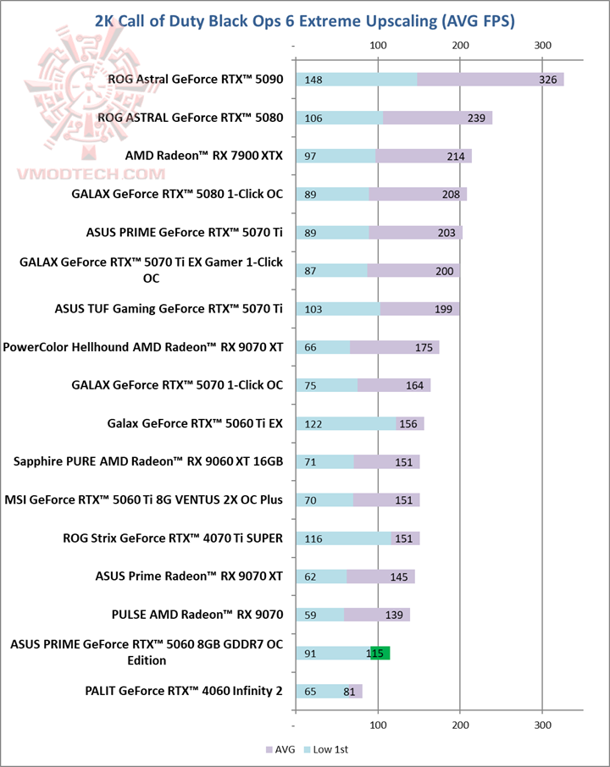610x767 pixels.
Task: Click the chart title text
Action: (x=305, y=19)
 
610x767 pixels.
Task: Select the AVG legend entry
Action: (x=281, y=749)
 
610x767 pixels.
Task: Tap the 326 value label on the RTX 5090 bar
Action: (x=547, y=80)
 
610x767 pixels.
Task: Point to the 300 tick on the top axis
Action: (x=543, y=45)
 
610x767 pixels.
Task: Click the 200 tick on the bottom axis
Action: (x=461, y=725)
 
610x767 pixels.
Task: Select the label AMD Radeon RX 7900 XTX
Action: (x=203, y=156)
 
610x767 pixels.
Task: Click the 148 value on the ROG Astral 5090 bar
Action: (x=313, y=80)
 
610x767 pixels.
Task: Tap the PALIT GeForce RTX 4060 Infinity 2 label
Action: (x=184, y=691)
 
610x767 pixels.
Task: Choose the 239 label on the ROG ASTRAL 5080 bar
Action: (x=475, y=118)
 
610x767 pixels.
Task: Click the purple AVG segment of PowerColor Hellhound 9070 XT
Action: (x=394, y=347)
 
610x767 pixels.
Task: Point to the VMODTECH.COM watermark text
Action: (x=91, y=174)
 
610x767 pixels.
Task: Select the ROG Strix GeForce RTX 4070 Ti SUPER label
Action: (x=173, y=538)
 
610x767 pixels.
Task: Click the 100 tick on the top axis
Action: (x=378, y=45)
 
